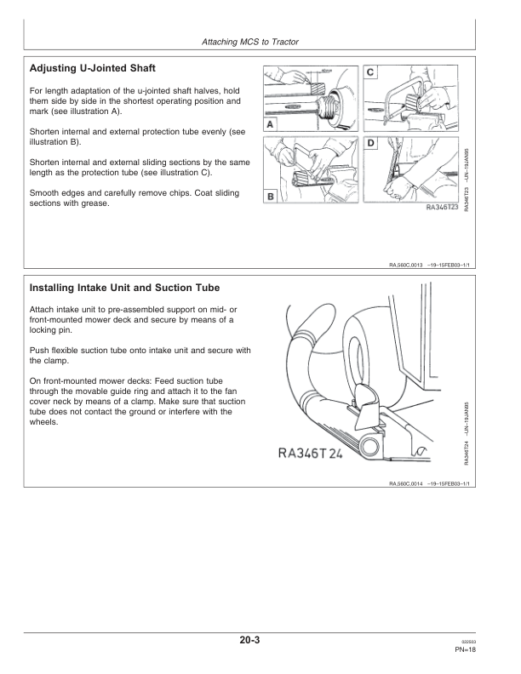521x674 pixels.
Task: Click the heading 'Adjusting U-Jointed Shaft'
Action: tap(92, 67)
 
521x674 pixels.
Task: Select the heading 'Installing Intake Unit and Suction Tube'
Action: tap(124, 288)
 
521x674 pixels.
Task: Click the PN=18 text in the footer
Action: tap(464, 649)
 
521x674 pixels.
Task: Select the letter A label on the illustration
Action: tap(270, 124)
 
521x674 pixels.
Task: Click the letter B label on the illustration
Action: tap(270, 197)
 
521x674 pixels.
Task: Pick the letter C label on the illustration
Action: tap(372, 72)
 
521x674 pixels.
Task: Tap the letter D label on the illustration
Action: tap(372, 144)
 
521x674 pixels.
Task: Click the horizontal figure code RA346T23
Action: tap(442, 206)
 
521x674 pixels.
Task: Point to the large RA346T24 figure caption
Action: tap(310, 453)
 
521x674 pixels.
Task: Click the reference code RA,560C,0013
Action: tap(410, 265)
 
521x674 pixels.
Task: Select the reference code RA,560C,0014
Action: tap(410, 483)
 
